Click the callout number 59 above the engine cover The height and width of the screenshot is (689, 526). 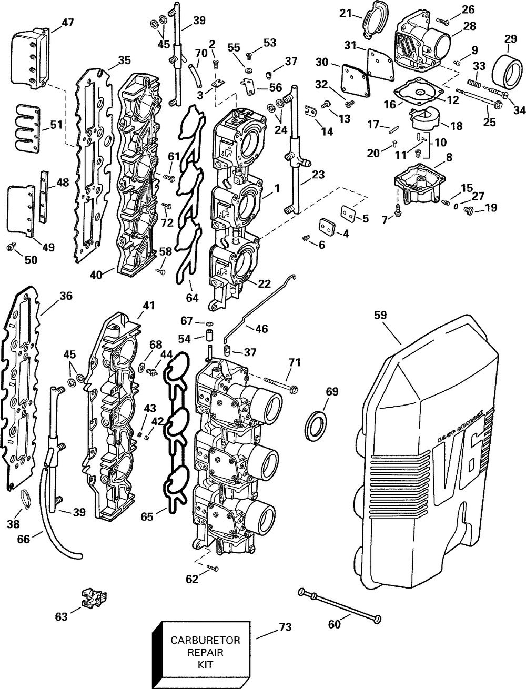(x=380, y=315)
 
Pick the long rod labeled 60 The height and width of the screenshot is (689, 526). (x=340, y=604)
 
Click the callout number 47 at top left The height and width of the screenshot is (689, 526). (x=67, y=22)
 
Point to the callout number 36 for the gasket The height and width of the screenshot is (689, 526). (x=65, y=296)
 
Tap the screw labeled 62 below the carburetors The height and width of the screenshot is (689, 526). (x=213, y=568)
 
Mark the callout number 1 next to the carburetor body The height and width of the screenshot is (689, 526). (x=277, y=187)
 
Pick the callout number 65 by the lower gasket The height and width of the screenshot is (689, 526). (x=147, y=517)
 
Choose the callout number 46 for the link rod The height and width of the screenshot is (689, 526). (x=261, y=329)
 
